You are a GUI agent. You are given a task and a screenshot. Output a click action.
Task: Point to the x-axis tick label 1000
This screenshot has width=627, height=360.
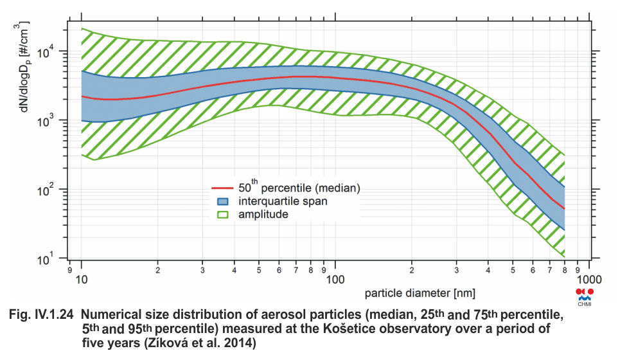pyautogui.click(x=588, y=282)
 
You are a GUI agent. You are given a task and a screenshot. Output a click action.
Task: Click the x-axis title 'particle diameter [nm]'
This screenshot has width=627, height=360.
pyautogui.click(x=421, y=294)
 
